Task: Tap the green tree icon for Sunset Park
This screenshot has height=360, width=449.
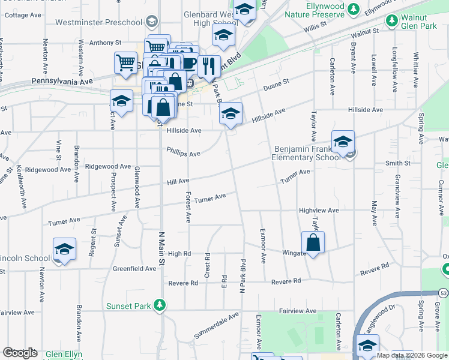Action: [160, 306]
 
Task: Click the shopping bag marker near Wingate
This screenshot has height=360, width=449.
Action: [313, 242]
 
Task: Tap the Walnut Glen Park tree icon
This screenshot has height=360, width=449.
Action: [392, 21]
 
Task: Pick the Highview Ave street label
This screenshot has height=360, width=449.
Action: [319, 211]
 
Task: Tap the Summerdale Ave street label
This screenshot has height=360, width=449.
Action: [216, 325]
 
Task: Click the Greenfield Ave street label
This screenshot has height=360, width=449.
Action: [134, 269]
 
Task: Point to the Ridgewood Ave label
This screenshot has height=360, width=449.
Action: [107, 166]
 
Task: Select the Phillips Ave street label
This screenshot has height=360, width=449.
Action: [183, 153]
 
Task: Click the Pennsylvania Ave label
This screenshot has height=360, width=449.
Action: [62, 80]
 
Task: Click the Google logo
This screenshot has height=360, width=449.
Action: [20, 353]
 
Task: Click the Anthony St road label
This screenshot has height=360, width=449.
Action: [105, 43]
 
